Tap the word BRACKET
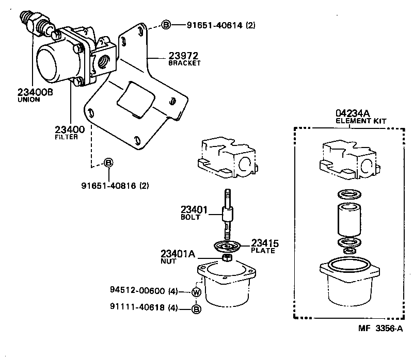184,63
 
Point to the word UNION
29,100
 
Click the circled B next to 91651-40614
166,25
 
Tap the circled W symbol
196,292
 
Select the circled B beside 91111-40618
196,309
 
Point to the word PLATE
263,251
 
